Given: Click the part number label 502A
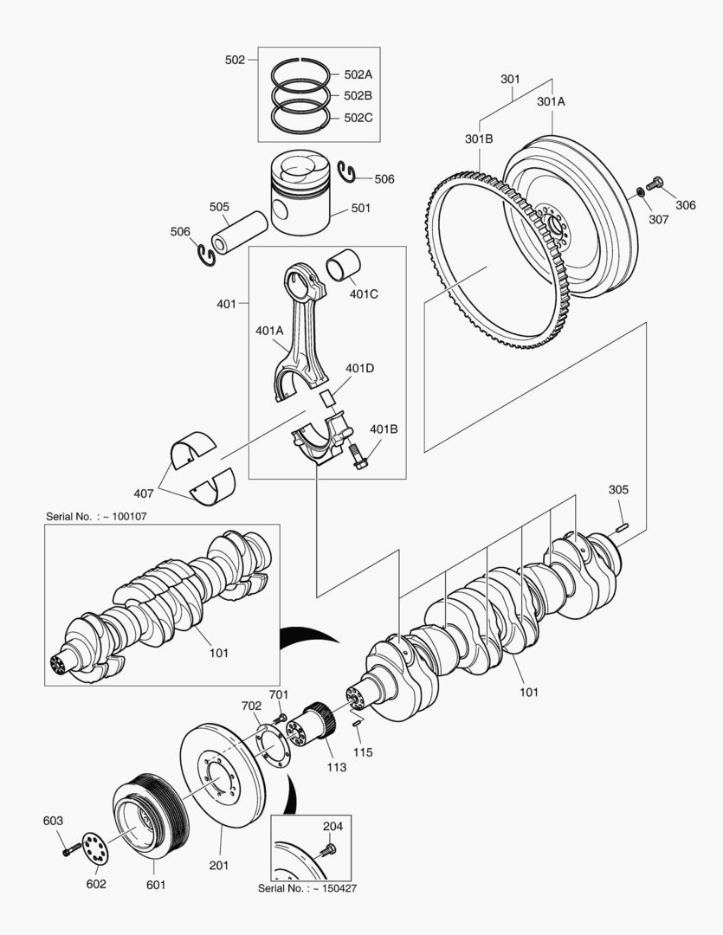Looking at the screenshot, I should tap(358, 75).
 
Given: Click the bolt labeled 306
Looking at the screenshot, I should tap(655, 184).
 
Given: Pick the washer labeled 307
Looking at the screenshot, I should tap(639, 191).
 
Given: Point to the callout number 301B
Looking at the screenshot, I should tap(479, 139).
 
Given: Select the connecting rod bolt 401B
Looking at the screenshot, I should tap(359, 457).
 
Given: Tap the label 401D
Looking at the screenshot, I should tap(359, 368).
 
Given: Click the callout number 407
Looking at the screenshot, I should tap(144, 493).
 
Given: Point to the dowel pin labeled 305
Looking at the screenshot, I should tap(621, 526).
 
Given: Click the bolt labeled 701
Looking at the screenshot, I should tap(279, 718).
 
